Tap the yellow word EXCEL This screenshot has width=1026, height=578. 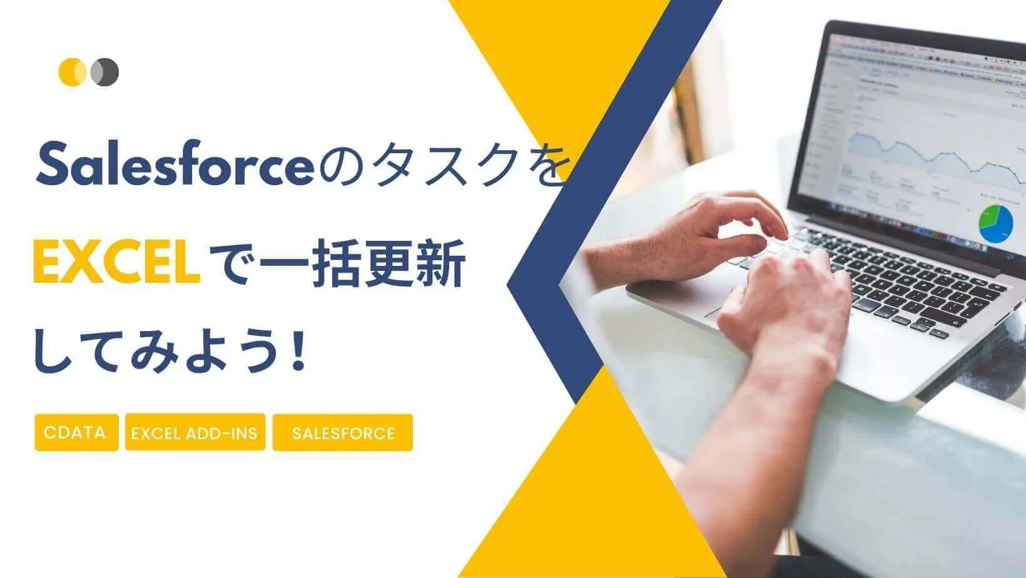116,264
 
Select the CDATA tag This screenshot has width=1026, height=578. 76,432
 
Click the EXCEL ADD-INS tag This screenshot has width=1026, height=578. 195,433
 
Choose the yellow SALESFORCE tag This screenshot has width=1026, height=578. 343,433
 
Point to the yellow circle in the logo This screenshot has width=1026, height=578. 71,72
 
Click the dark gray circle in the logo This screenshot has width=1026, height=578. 106,72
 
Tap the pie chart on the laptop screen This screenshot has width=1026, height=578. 995,225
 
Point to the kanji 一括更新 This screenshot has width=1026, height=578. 363,264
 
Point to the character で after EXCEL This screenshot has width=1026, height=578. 230,264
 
